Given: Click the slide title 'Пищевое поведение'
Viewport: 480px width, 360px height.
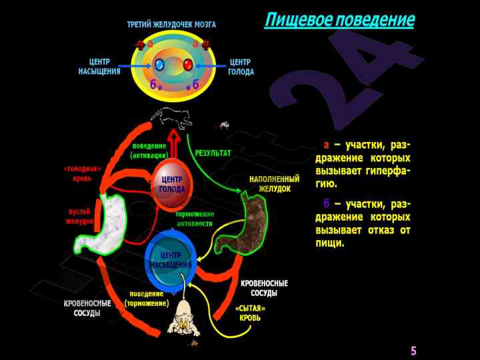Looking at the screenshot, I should click(x=339, y=20).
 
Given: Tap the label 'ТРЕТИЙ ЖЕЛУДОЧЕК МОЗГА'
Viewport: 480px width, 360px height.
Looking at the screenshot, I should click(x=171, y=25).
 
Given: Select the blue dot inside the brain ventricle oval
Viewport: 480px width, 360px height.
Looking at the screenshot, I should click(x=159, y=65).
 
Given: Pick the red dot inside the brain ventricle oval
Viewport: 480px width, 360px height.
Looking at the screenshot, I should click(x=188, y=65).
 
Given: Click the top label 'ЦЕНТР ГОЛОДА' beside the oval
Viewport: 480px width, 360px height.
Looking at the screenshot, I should click(x=241, y=67).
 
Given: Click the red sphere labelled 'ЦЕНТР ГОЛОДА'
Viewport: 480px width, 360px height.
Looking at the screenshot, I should click(x=172, y=185).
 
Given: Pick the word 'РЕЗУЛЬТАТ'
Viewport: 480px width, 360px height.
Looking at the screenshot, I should click(x=213, y=153).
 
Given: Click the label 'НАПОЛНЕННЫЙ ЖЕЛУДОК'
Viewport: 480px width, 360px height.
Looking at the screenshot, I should click(x=274, y=184).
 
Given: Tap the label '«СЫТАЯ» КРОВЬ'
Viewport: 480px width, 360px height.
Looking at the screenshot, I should click(x=250, y=313).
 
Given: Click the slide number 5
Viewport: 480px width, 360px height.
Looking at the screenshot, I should click(x=413, y=351).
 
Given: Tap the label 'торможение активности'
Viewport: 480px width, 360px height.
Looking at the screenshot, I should click(x=195, y=219).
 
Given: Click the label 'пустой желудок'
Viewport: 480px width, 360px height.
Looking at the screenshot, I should click(x=80, y=216).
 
